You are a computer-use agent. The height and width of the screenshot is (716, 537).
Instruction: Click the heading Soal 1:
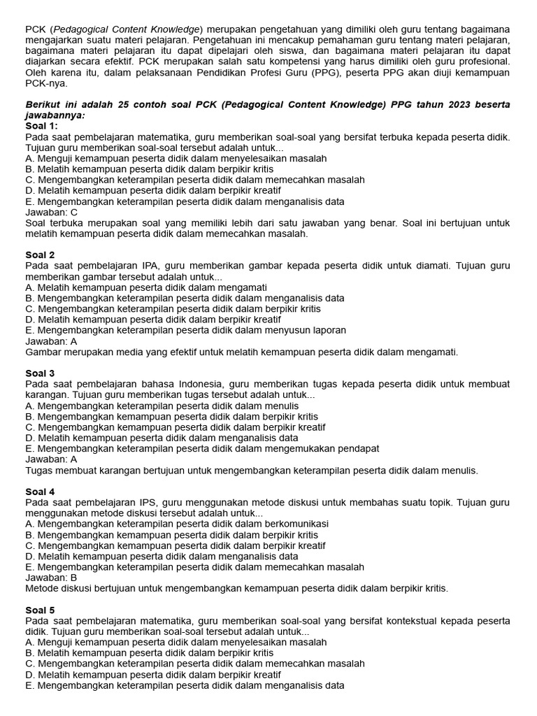pos(42,126)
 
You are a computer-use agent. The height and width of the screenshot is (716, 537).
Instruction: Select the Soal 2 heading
pos(40,255)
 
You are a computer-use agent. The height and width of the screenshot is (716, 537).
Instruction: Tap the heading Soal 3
pos(40,373)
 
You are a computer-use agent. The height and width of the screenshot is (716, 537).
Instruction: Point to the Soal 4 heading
pos(40,492)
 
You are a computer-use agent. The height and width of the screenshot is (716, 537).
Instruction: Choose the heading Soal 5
pos(40,610)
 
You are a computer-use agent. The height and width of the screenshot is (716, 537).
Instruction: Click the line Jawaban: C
pos(51,213)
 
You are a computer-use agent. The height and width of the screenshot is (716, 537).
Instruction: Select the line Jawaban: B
pos(51,578)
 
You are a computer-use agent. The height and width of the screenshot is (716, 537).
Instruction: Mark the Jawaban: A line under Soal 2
pos(51,341)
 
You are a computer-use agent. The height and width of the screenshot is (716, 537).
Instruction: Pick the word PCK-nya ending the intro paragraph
pos(46,83)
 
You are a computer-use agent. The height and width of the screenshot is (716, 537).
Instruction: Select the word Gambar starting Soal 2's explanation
pos(43,352)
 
